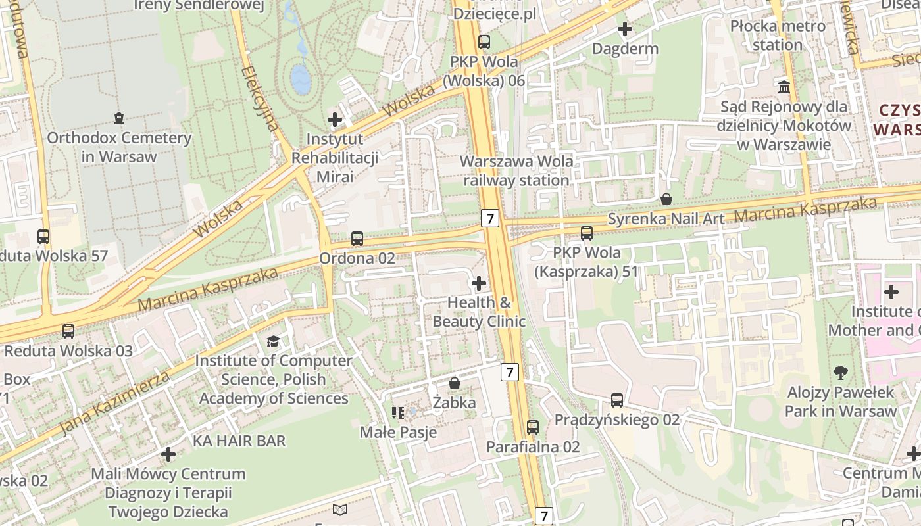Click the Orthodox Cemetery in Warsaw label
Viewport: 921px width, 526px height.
pos(119,147)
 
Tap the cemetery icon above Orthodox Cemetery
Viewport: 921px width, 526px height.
pos(118,118)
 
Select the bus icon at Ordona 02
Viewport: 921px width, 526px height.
pos(357,238)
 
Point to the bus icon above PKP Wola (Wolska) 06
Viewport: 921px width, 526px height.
pos(484,41)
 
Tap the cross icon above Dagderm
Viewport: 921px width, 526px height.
pos(625,29)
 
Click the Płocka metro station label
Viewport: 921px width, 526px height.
pos(778,36)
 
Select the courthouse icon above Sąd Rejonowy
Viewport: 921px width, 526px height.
pos(784,87)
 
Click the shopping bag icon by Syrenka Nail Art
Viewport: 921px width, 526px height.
pos(666,199)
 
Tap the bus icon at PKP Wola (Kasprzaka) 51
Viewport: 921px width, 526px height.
pos(586,233)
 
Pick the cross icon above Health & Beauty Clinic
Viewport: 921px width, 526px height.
pos(479,283)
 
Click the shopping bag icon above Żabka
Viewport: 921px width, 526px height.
pos(454,383)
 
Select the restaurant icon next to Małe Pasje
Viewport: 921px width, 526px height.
pos(398,413)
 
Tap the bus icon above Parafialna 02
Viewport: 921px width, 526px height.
pos(533,427)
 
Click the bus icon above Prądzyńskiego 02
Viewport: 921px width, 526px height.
pos(617,400)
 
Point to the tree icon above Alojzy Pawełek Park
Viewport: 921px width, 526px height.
pos(840,373)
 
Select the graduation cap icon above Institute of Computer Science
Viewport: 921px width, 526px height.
pos(273,341)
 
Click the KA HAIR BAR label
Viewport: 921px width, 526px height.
pos(239,441)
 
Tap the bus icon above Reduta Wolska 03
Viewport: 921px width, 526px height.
pos(68,331)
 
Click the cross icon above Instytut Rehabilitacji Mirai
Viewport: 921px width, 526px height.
pos(335,120)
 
